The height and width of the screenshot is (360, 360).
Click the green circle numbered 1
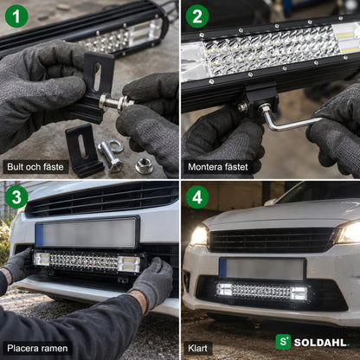click(x=16, y=16)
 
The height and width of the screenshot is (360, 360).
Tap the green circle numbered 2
click(x=197, y=16)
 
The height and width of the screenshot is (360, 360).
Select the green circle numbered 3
click(x=16, y=197)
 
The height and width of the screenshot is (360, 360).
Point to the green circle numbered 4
click(x=197, y=197)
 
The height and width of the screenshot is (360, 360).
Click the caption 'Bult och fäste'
click(x=35, y=167)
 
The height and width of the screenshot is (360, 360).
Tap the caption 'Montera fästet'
click(x=218, y=167)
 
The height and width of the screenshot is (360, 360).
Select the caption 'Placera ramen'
click(x=37, y=348)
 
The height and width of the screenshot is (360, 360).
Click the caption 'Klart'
click(x=197, y=348)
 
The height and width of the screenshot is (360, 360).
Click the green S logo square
click(x=283, y=342)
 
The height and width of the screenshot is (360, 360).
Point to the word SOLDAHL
click(x=321, y=343)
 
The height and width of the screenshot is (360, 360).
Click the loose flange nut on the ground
click(x=144, y=166)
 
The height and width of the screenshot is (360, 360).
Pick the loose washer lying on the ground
click(x=116, y=146)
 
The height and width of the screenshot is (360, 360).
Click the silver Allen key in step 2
click(x=288, y=121)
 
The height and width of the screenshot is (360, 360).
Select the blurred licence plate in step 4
click(x=262, y=269)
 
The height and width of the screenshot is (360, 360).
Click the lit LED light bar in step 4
click(x=262, y=291)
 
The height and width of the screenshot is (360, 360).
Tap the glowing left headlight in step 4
click(x=199, y=235)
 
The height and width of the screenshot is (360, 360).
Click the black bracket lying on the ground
click(x=84, y=150)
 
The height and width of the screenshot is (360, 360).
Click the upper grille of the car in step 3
click(x=102, y=200)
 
